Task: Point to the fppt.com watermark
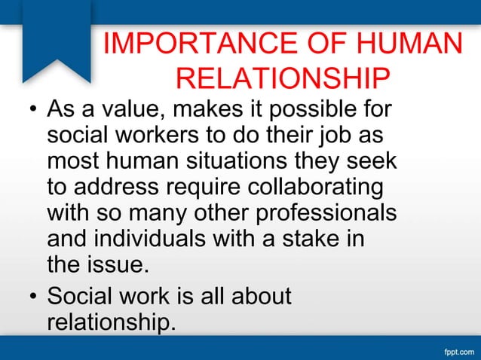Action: (x=455, y=351)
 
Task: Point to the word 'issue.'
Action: (x=121, y=264)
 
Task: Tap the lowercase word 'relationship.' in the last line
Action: (x=112, y=321)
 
